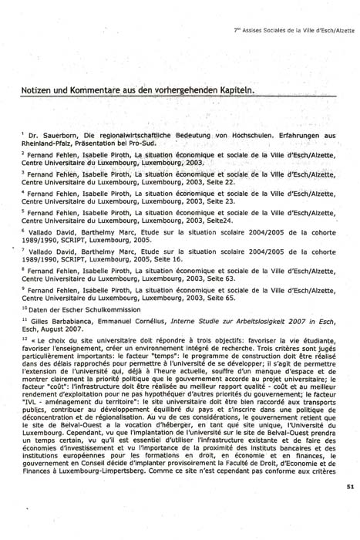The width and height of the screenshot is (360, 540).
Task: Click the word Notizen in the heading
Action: (x=40, y=90)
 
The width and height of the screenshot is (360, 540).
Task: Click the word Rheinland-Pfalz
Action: (x=47, y=143)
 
